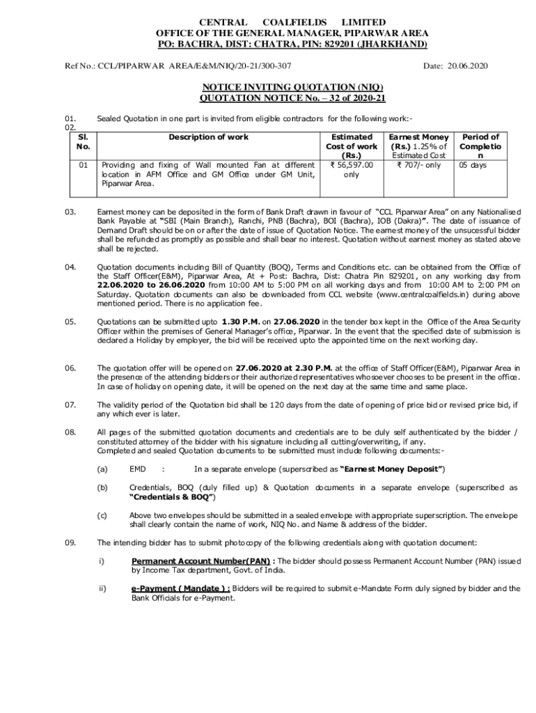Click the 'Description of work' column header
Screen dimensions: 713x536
(x=208, y=137)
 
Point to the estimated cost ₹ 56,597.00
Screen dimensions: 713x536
(x=352, y=165)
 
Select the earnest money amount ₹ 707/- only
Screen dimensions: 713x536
(x=418, y=165)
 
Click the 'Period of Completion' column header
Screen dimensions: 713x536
(x=480, y=146)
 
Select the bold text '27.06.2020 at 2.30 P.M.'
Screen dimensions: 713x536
(x=284, y=368)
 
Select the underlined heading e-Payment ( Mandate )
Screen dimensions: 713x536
(x=180, y=588)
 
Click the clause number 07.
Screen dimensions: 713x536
(x=70, y=405)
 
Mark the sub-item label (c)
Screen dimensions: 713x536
(x=102, y=515)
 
